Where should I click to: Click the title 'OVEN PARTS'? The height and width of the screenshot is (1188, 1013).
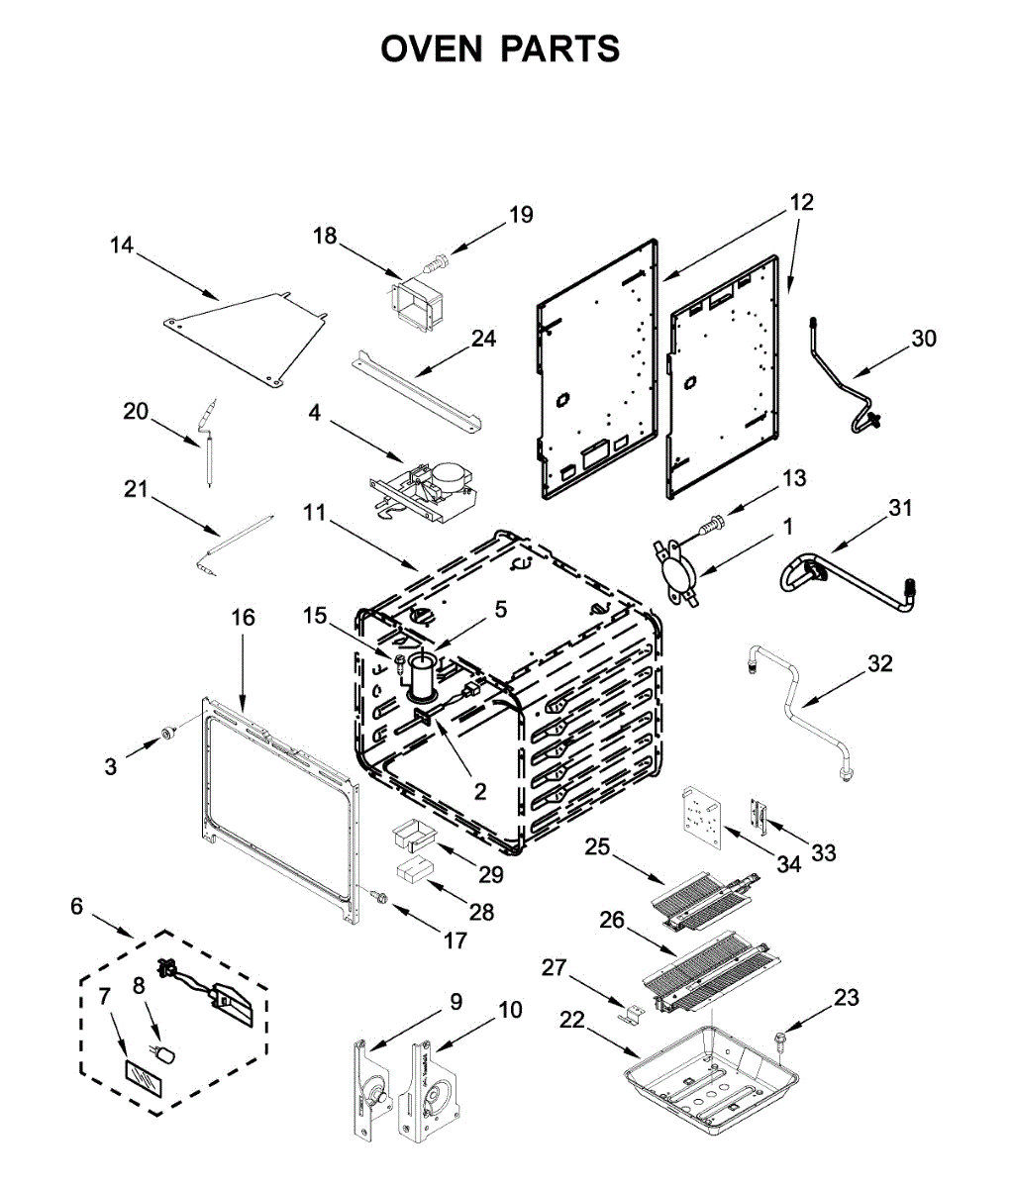(500, 49)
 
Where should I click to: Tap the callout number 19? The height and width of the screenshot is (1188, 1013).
(521, 215)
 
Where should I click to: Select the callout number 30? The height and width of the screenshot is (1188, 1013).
(923, 339)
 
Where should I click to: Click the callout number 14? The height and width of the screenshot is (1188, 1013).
(122, 245)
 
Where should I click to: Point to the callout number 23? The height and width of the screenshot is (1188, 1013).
(846, 998)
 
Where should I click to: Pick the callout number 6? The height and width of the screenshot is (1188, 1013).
(76, 906)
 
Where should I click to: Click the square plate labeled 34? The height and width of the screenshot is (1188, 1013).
(704, 817)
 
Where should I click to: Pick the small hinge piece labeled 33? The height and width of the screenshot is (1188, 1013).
(760, 815)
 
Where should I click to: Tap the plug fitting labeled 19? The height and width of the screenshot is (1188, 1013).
(437, 262)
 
